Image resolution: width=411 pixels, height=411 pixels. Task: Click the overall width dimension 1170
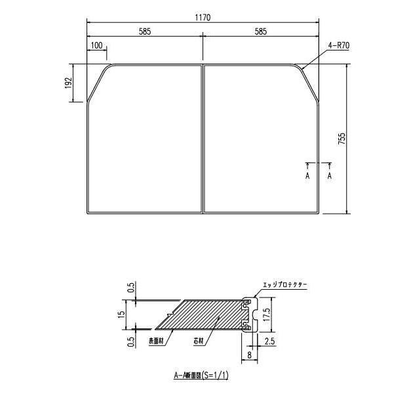pyautogui.click(x=203, y=18)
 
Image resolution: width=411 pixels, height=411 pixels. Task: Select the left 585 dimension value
pyautogui.click(x=145, y=32)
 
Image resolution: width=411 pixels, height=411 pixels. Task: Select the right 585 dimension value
pyautogui.click(x=261, y=32)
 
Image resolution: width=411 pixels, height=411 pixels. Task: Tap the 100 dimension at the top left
pyautogui.click(x=97, y=45)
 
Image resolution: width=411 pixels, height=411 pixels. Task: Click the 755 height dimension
pyautogui.click(x=342, y=139)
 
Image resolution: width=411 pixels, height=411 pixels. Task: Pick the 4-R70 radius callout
pyautogui.click(x=338, y=45)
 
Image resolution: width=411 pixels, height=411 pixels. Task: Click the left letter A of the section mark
pyautogui.click(x=307, y=176)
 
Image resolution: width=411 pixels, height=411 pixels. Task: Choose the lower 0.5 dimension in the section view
pyautogui.click(x=131, y=341)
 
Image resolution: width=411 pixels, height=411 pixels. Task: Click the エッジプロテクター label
pyautogui.click(x=284, y=285)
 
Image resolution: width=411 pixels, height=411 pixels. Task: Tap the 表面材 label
pyautogui.click(x=156, y=341)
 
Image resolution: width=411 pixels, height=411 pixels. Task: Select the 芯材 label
pyautogui.click(x=197, y=341)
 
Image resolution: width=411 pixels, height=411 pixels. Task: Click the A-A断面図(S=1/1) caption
pyautogui.click(x=201, y=376)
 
